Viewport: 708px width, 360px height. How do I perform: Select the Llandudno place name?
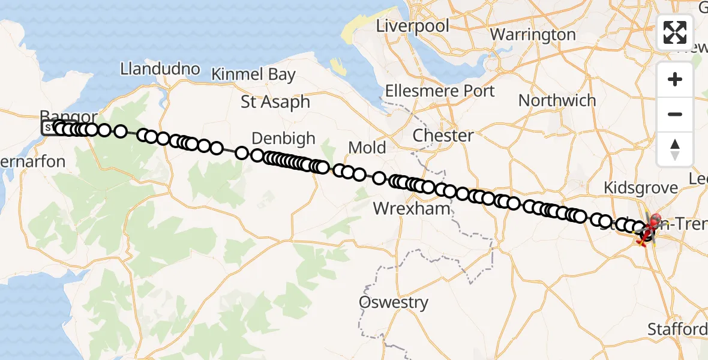160,68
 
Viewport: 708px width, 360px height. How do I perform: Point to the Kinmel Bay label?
253,74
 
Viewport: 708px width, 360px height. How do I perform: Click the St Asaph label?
275,101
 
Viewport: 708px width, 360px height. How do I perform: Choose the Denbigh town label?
283,138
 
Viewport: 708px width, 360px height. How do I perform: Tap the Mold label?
367,147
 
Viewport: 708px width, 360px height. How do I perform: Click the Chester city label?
443,136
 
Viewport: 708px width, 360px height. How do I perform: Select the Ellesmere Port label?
440,91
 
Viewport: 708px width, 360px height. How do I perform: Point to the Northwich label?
557,100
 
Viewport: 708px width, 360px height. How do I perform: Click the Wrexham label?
411,209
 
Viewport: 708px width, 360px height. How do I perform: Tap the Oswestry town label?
394,302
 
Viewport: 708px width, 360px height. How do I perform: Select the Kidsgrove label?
640,187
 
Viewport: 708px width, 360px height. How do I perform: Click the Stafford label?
677,329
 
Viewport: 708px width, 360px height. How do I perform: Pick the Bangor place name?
68,116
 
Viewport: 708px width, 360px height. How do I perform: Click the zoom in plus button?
675,80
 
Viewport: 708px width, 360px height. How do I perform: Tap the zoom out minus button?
675,114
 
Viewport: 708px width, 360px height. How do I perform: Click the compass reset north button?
675,148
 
